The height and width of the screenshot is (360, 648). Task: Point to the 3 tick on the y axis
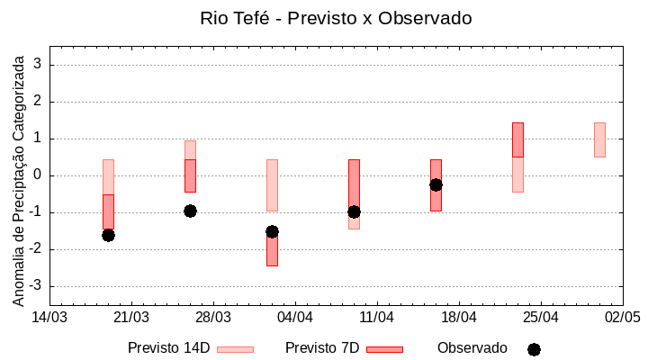coord(38,65)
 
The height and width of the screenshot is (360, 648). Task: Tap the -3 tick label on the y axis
coord(35,286)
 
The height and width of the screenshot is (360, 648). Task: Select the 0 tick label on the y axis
coord(38,175)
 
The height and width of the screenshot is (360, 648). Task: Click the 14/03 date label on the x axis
coord(49,318)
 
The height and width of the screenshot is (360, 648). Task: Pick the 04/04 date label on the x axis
coord(295,318)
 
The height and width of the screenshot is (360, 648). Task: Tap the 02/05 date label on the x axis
coord(622,318)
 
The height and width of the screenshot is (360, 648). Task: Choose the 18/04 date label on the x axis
coord(459,318)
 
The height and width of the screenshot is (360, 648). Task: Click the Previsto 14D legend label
coord(168,348)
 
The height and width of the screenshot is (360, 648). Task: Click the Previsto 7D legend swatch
coord(384,349)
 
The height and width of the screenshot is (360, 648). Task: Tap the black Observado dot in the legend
coord(534,349)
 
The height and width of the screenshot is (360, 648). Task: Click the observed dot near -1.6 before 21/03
coord(108,235)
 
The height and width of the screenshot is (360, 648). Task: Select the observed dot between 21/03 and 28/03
coord(190,211)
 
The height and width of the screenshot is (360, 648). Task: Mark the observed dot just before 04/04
coord(272,231)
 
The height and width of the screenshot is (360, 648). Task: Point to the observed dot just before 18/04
coord(436,184)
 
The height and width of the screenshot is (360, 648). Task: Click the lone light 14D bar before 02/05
coord(599,139)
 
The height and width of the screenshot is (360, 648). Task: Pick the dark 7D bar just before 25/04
coord(517,139)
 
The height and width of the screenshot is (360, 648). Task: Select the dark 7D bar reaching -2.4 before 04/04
coord(272,250)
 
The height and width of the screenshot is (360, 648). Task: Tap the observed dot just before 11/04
coord(354,211)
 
